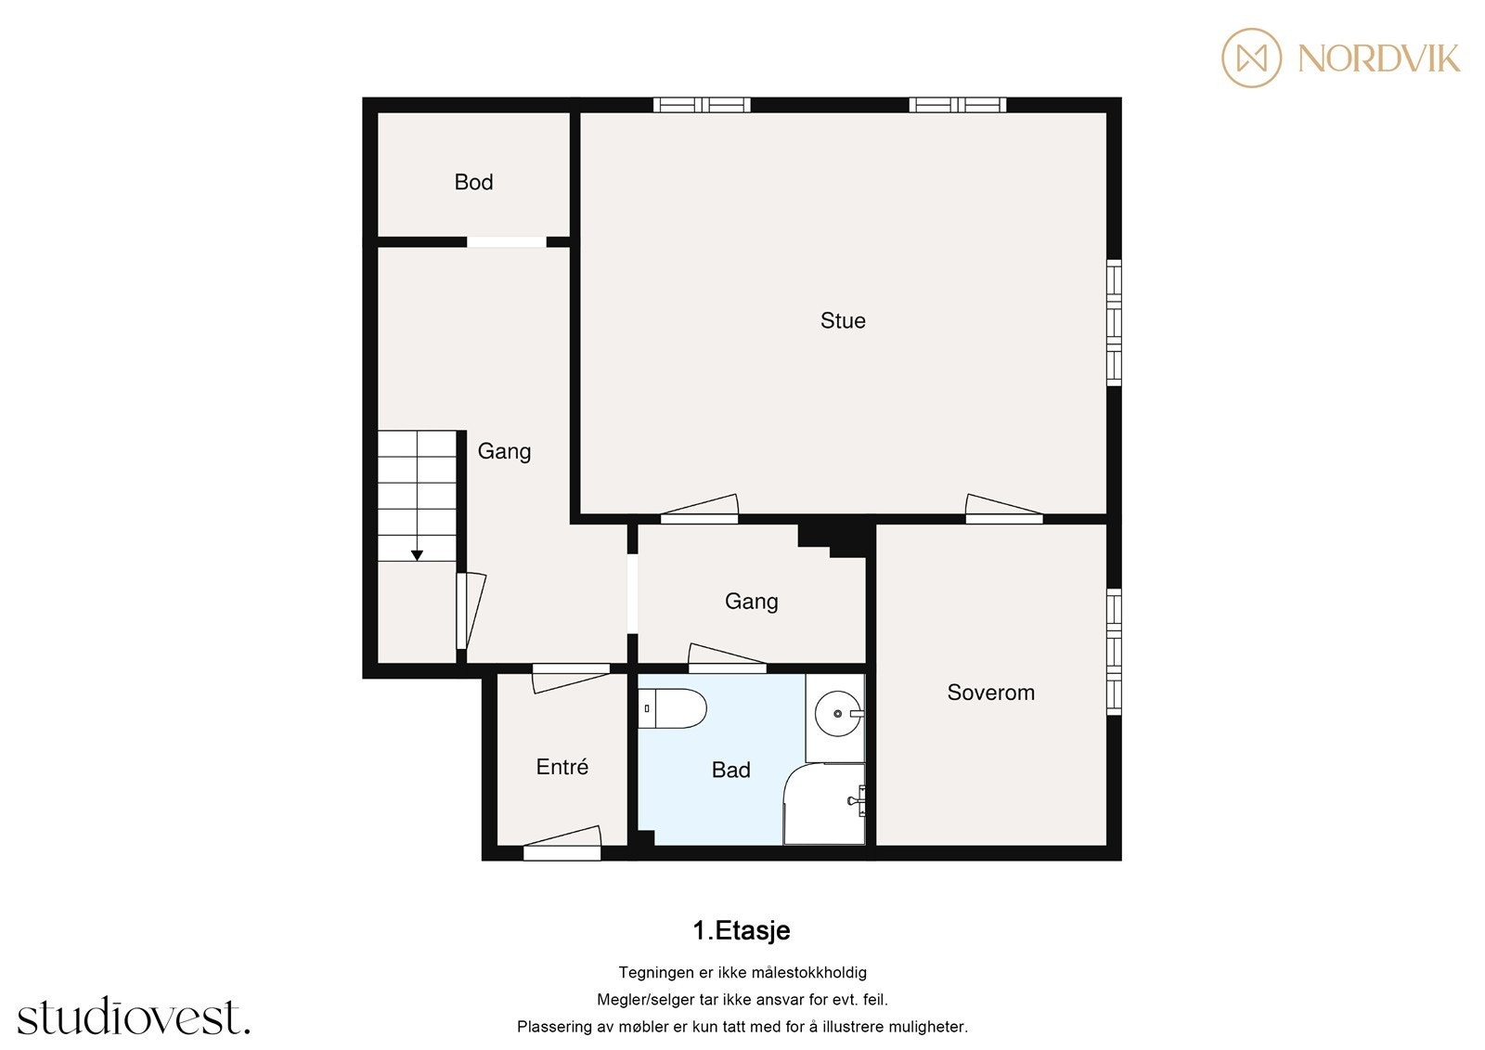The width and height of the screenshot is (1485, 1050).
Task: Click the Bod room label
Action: (473, 182)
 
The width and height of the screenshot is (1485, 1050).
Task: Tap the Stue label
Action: (843, 321)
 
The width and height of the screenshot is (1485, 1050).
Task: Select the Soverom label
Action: (990, 693)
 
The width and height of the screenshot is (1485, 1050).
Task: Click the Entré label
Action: (562, 767)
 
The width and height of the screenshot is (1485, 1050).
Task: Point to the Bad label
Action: (730, 770)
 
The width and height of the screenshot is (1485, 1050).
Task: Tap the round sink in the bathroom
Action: (837, 714)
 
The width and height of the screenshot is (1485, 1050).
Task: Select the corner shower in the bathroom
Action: (825, 806)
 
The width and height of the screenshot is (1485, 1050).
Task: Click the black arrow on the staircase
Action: (417, 554)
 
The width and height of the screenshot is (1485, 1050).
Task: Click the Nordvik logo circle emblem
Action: (1251, 58)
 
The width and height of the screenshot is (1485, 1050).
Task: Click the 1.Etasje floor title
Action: (742, 930)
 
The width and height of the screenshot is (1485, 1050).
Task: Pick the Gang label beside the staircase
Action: (504, 451)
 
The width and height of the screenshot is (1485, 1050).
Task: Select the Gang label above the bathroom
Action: (751, 602)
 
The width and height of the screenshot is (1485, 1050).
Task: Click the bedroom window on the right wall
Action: (1115, 652)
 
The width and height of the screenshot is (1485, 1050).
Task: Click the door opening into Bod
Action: (507, 242)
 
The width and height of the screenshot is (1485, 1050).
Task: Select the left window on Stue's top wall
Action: (702, 105)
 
